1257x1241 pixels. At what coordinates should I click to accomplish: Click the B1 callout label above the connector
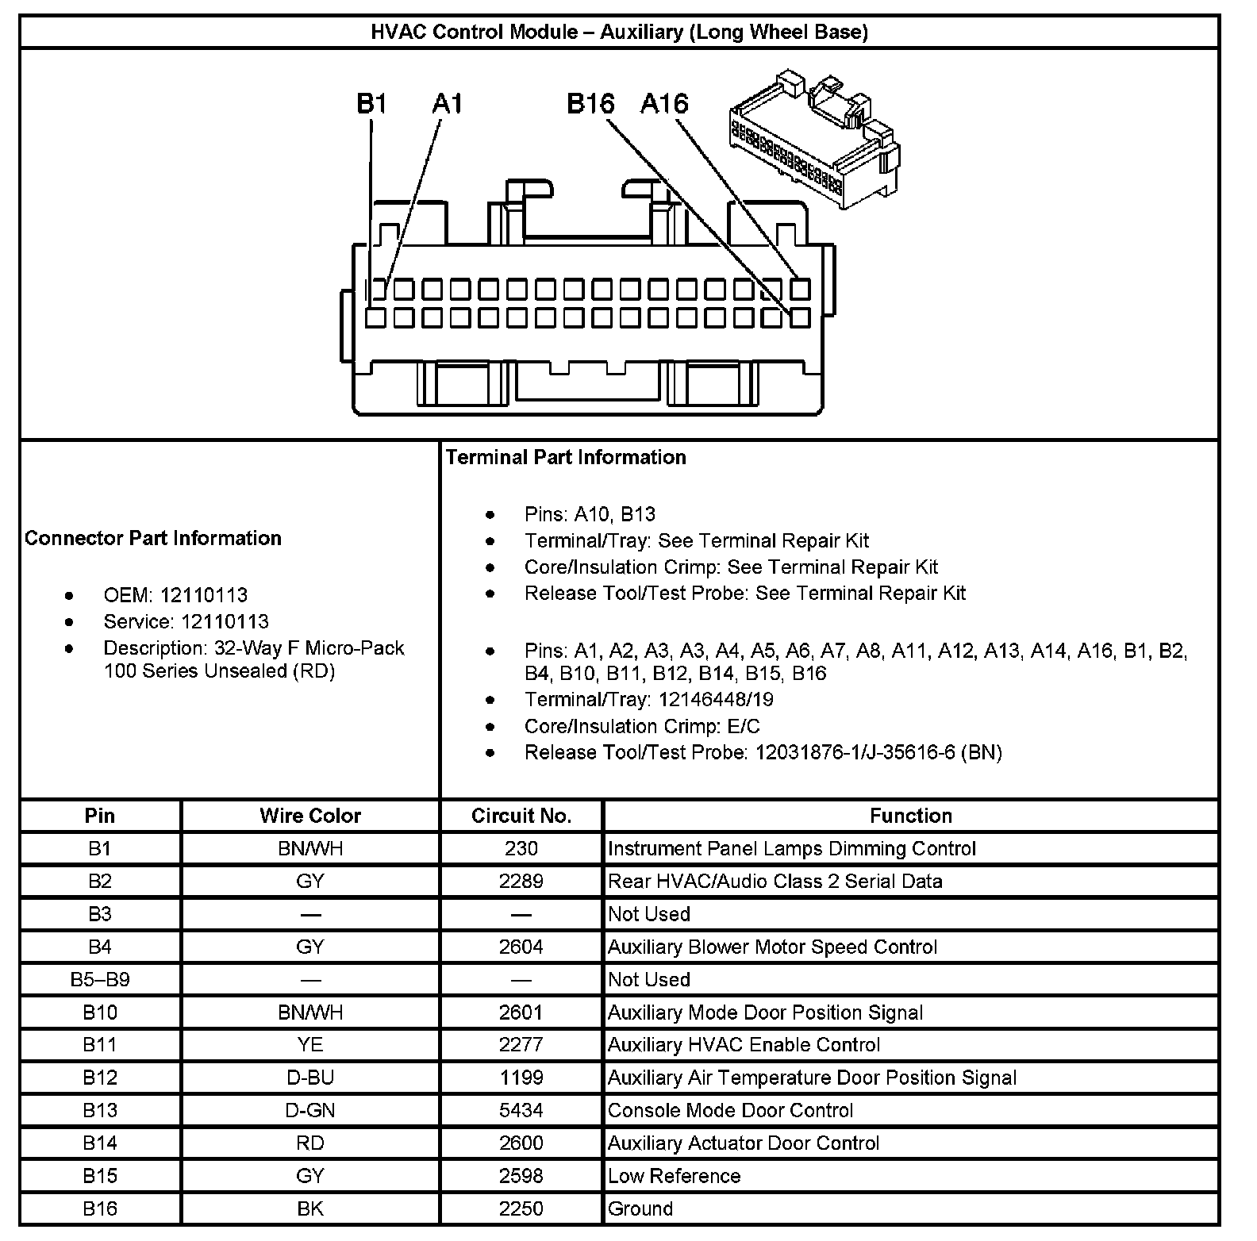tap(371, 104)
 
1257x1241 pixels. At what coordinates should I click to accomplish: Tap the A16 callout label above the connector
tap(664, 104)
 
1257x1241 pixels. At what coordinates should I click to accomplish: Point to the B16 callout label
tap(590, 104)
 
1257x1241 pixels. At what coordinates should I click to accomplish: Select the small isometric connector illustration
tap(814, 138)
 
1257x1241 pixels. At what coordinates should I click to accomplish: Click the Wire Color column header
tap(309, 816)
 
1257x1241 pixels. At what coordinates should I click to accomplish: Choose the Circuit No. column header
tap(521, 816)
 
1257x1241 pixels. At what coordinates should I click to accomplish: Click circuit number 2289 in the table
tap(521, 881)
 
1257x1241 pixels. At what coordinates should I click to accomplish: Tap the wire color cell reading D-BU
tap(309, 1078)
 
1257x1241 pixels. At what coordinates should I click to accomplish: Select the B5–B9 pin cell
tap(100, 979)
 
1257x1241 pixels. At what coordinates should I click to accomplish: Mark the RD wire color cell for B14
tap(309, 1143)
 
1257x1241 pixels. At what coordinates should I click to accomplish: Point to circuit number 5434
tap(521, 1110)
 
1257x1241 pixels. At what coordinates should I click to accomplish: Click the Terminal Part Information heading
tap(566, 457)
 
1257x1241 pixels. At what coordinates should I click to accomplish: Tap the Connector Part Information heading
tap(153, 538)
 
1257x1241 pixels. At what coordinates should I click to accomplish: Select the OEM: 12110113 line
tap(175, 595)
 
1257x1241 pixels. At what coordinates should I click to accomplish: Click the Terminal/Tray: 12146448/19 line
tap(648, 699)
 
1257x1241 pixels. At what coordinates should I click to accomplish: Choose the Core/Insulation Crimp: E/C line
tap(642, 726)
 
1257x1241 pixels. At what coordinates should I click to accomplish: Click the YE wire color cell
tap(309, 1045)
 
